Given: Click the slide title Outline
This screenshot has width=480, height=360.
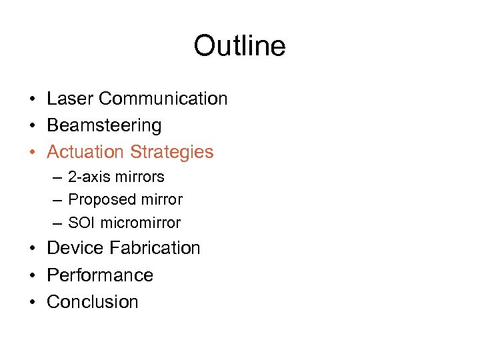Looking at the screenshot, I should (x=239, y=46).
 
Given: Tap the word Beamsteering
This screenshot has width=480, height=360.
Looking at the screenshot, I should (x=104, y=125).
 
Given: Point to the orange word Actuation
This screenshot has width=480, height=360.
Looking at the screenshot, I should (x=85, y=152).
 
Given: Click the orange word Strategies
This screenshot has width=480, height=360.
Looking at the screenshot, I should (x=172, y=152).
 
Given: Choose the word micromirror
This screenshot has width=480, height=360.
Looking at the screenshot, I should (x=139, y=223).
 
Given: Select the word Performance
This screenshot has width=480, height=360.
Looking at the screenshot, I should (x=100, y=275).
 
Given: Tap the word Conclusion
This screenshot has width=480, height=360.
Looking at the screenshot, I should (x=93, y=302).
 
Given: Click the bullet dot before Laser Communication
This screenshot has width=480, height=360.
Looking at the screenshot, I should (x=32, y=99).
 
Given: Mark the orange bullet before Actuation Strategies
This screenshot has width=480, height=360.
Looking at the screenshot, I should (x=32, y=153).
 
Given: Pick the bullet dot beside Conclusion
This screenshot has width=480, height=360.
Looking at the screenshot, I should (x=32, y=303).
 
